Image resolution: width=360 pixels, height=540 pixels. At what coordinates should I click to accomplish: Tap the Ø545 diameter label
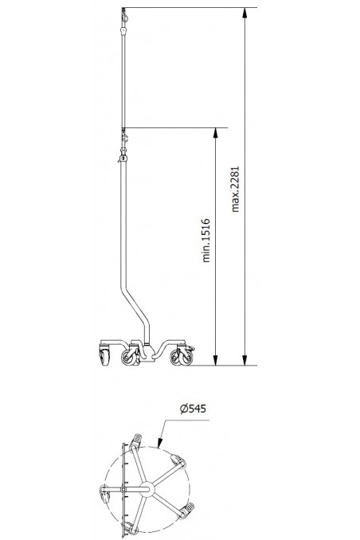194,409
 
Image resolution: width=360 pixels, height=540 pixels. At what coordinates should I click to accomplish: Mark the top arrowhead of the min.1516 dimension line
215,131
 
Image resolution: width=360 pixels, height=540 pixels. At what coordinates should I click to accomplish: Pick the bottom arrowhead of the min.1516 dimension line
215,361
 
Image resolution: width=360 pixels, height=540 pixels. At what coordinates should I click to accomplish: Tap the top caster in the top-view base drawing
136,440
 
